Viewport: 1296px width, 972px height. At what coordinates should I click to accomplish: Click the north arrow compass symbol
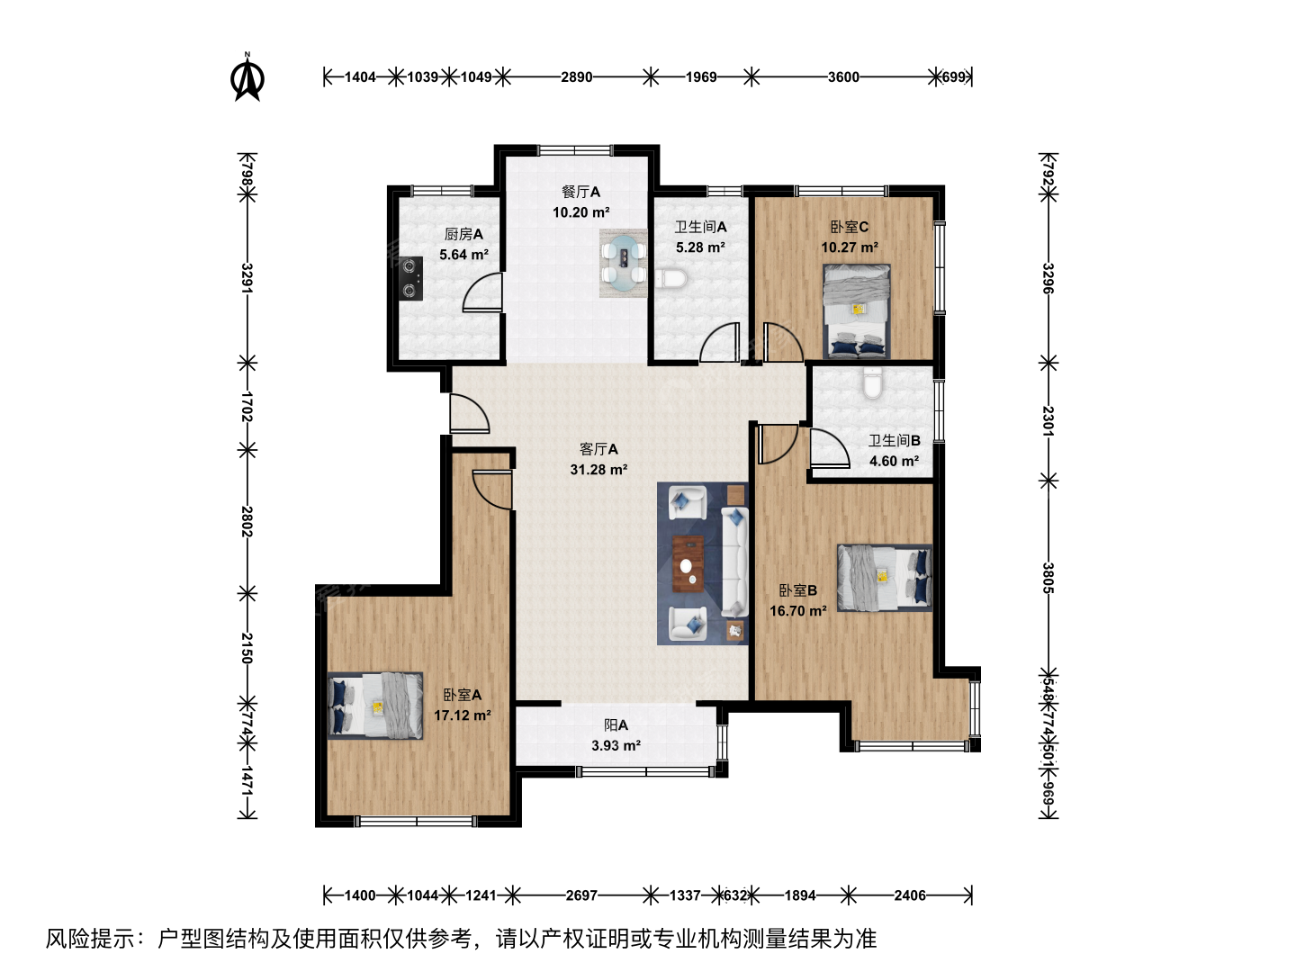tap(247, 76)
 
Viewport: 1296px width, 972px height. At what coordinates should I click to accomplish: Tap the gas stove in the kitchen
tap(411, 279)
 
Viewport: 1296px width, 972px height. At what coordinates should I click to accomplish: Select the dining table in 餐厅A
tap(623, 263)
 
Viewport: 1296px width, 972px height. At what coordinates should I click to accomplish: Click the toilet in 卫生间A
tap(671, 279)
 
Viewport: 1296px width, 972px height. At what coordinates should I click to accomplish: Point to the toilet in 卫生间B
tap(872, 383)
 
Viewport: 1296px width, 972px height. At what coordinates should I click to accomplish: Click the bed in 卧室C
tap(857, 311)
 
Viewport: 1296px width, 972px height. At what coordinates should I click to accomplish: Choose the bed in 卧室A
tap(375, 706)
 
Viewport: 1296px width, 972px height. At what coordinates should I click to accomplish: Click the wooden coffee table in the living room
tap(688, 563)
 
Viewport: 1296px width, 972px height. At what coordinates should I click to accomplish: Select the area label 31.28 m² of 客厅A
tap(598, 470)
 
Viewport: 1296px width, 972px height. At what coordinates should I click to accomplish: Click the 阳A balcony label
tap(616, 724)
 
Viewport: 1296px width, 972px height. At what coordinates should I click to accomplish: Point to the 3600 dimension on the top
tap(843, 77)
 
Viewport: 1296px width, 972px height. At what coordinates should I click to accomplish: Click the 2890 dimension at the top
tap(576, 77)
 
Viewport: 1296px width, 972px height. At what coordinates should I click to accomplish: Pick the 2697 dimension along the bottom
tap(581, 895)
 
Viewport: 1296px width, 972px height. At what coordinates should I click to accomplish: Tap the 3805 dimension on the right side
tap(1048, 579)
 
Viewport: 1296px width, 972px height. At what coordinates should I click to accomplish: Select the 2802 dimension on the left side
tap(247, 522)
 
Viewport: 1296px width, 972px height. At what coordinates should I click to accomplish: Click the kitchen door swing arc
tap(481, 291)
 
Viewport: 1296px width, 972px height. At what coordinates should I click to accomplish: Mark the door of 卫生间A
tap(720, 342)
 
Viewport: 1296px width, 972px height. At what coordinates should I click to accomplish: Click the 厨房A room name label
tap(463, 234)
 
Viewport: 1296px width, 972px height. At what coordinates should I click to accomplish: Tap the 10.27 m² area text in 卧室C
tap(850, 247)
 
